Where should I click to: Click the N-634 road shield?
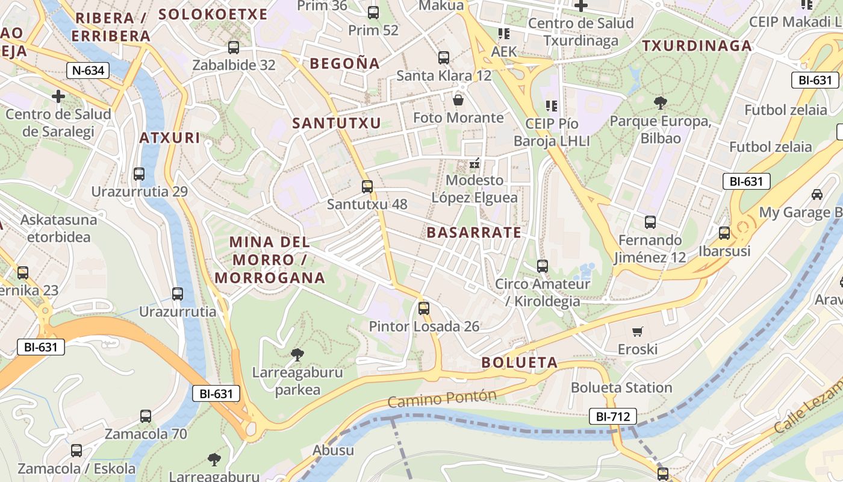pos(88,70)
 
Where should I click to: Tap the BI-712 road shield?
pos(612,416)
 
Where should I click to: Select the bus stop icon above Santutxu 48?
pos(367,187)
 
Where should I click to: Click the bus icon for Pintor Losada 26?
pos(424,308)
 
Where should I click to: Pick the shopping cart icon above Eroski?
pos(638,331)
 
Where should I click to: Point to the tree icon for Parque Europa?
pos(661,103)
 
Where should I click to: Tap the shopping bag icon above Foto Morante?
pos(458,100)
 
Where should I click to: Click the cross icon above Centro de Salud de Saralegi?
pos(58,96)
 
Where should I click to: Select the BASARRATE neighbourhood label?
pos(474,233)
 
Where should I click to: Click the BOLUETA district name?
pos(520,363)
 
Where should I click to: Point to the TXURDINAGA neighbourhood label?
pos(697,46)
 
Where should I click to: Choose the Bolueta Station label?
pos(621,387)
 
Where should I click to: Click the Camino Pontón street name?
pos(442,399)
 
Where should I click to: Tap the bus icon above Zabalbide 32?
pos(234,48)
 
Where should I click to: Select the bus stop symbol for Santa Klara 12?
pos(444,58)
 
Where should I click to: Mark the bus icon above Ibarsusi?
pos(724,233)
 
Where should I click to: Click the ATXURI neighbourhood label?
pos(170,138)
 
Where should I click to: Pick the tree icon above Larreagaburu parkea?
pos(297,354)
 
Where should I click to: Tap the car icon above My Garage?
pos(817,195)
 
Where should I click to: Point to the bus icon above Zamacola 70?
pos(146,416)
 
